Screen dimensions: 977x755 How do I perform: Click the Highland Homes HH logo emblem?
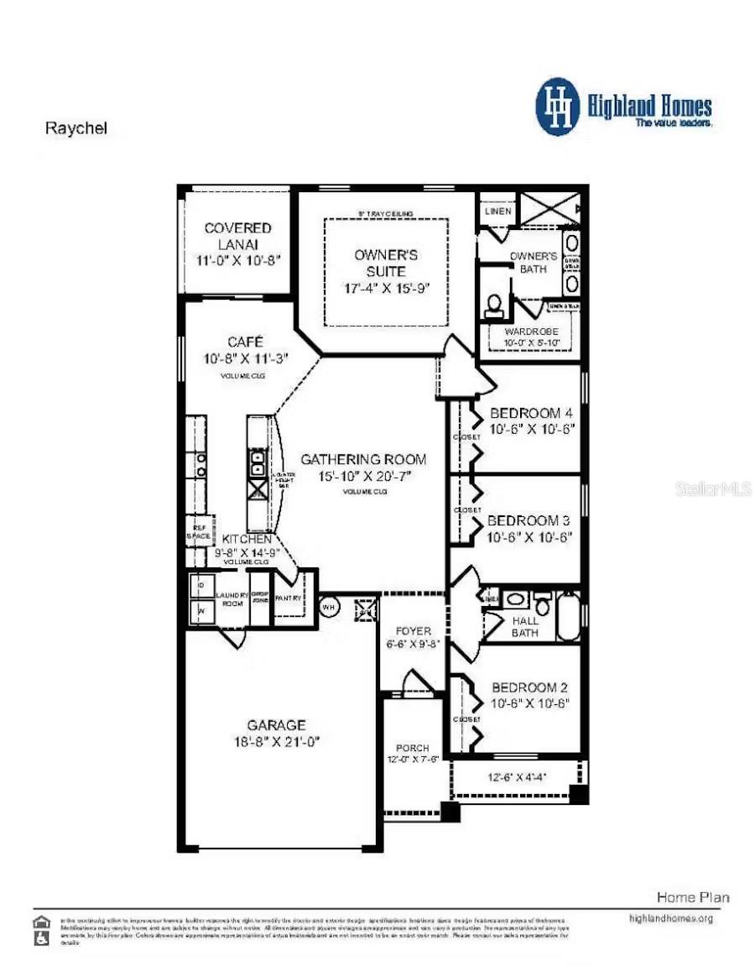pos(558,107)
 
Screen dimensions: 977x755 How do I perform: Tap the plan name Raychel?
pos(75,129)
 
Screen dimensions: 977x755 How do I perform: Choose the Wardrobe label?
pos(531,332)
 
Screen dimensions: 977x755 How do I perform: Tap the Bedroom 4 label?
pos(531,413)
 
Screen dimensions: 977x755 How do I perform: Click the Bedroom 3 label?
pos(529,520)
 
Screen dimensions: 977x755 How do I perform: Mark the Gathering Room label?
pos(363,459)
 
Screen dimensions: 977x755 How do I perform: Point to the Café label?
pos(245,342)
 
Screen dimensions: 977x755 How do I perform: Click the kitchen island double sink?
pos(258,462)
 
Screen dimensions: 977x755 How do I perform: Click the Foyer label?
pos(412,630)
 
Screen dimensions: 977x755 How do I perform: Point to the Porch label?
pos(412,748)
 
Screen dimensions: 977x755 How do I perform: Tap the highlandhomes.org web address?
pos(670,918)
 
